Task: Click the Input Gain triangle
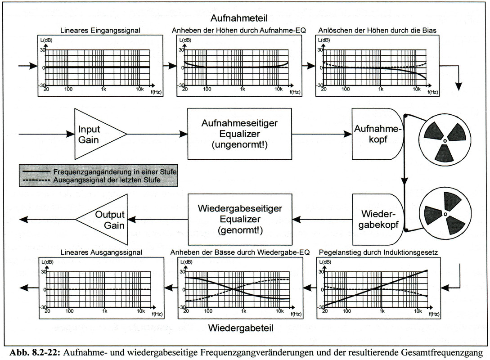[94, 134]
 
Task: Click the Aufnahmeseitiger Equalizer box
[239, 133]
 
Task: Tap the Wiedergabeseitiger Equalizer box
[239, 220]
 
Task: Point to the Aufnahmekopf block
[377, 133]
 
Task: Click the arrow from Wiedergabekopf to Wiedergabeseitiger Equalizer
[322, 219]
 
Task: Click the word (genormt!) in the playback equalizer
[239, 230]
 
